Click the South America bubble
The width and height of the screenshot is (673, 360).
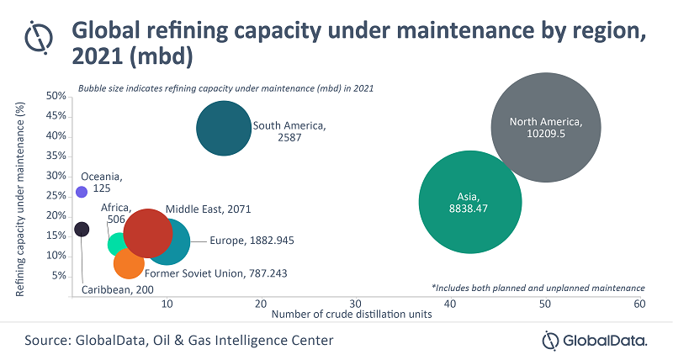click(x=223, y=128)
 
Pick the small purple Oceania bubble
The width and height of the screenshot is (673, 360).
click(x=82, y=192)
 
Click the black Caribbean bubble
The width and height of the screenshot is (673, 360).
click(x=81, y=229)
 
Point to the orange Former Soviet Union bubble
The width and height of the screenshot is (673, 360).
click(x=129, y=263)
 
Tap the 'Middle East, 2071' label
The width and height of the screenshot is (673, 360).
click(x=209, y=209)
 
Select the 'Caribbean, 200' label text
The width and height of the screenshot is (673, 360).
click(x=117, y=290)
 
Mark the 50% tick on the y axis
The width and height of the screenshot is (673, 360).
click(x=56, y=96)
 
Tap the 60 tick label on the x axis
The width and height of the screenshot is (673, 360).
click(x=639, y=303)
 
